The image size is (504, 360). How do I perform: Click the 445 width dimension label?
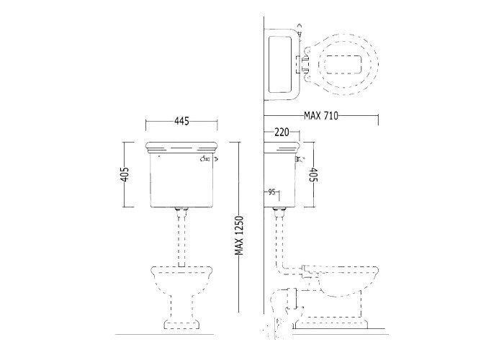click(x=181, y=121)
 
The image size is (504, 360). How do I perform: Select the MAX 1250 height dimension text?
click(x=239, y=235)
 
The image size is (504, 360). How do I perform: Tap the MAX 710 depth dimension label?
click(x=321, y=115)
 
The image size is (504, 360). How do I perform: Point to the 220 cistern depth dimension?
click(x=282, y=132)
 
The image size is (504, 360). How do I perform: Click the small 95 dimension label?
click(x=271, y=192)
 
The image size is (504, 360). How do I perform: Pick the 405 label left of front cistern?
click(x=125, y=174)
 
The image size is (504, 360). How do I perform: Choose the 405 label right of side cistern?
click(x=313, y=174)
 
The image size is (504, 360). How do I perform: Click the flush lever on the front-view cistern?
click(x=209, y=158)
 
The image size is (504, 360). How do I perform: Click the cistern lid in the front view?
click(x=181, y=147)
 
